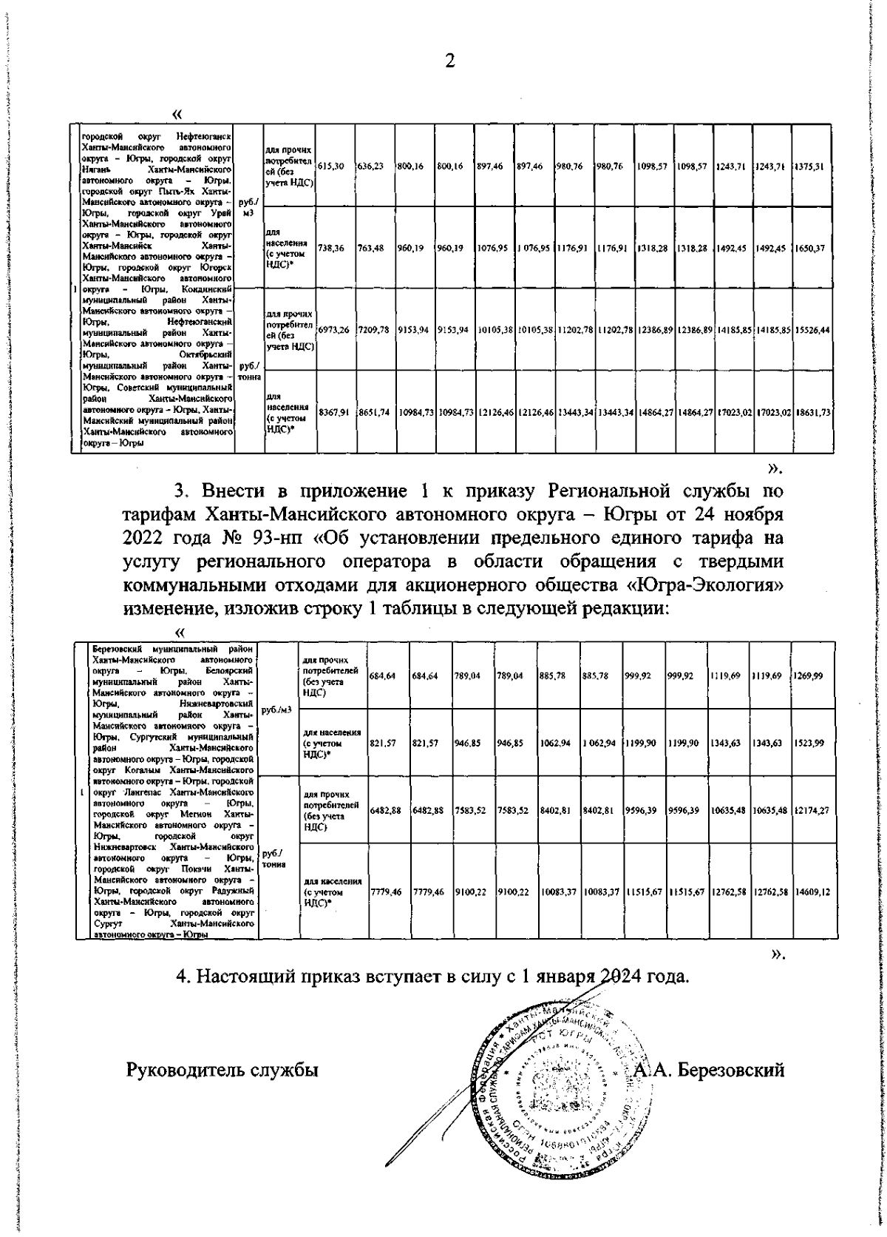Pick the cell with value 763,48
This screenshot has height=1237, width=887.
[x=370, y=249]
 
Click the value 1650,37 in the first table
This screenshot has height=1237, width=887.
[x=812, y=249]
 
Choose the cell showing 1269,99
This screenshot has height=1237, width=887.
[x=810, y=675]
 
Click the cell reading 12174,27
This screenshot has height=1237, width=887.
[x=812, y=811]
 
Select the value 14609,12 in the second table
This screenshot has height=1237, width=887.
[x=812, y=892]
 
